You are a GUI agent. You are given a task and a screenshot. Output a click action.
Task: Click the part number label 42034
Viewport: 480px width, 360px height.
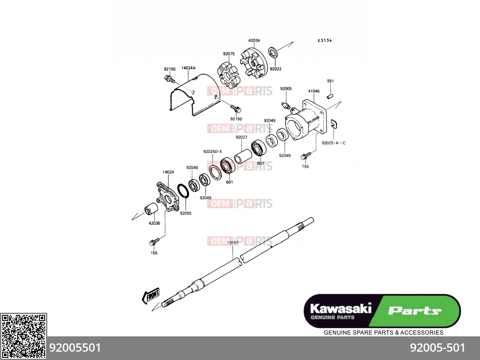click(x=254, y=40)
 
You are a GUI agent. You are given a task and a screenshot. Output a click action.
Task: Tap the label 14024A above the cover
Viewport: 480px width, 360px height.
click(x=188, y=68)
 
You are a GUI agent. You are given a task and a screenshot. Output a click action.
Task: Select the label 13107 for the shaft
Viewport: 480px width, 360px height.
click(x=233, y=243)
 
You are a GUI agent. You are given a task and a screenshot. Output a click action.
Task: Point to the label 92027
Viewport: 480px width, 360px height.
click(x=241, y=138)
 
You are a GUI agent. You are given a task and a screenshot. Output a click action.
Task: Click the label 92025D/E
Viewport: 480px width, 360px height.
click(x=212, y=152)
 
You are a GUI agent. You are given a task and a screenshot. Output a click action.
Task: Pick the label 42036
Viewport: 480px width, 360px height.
click(x=154, y=223)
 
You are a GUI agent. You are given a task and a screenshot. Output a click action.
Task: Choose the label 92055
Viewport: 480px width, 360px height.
click(x=186, y=213)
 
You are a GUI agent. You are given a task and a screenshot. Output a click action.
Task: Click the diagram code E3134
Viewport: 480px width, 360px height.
click(x=325, y=40)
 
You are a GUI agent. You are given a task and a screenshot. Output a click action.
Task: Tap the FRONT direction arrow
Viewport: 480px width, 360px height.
click(x=151, y=296)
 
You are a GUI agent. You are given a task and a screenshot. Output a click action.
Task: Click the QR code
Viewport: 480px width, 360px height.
click(x=23, y=336)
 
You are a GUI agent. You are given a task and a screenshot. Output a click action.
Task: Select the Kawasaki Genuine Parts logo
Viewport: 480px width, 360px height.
click(x=382, y=311)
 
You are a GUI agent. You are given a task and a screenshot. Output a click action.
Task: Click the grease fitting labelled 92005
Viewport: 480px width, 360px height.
click(x=286, y=106)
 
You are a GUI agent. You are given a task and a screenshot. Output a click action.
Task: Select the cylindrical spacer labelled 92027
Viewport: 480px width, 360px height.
click(x=243, y=156)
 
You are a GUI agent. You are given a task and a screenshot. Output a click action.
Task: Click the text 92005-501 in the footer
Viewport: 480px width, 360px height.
click(x=438, y=348)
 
